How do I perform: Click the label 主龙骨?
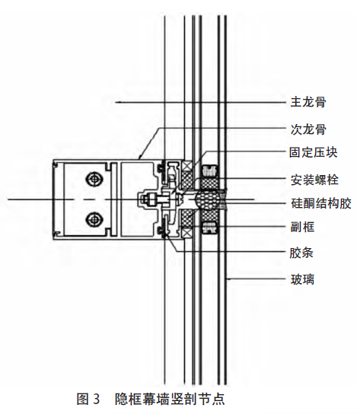click(x=308, y=102)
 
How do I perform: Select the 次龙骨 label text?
click(x=308, y=129)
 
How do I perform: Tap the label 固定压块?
click(x=314, y=153)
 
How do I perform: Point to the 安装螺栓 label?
click(x=314, y=180)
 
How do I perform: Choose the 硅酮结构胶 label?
click(x=321, y=203)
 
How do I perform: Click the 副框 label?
click(x=303, y=227)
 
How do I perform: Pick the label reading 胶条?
click(x=301, y=253)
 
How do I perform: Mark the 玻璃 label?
click(x=303, y=279)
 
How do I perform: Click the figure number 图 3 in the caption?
click(x=88, y=399)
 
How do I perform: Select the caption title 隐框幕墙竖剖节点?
click(x=170, y=399)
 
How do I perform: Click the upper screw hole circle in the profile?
click(x=94, y=180)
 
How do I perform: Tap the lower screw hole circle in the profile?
click(x=94, y=219)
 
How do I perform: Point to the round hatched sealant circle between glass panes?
click(x=208, y=199)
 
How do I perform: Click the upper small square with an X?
click(x=186, y=166)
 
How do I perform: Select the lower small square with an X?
click(x=186, y=234)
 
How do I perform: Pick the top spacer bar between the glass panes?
click(x=209, y=170)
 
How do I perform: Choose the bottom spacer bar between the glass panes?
click(x=209, y=228)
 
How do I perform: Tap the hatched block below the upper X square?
click(x=186, y=180)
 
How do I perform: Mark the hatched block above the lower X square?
click(x=186, y=219)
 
